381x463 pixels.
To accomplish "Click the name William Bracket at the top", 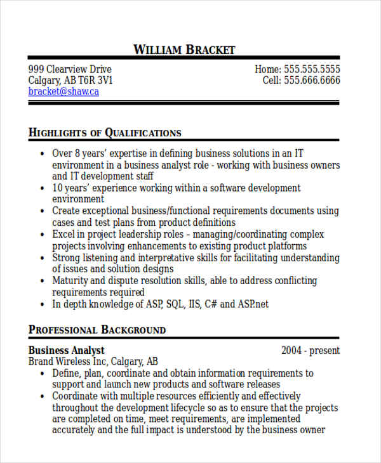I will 184,49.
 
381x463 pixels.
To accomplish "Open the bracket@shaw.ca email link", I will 63,91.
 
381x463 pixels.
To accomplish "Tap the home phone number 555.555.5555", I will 311,69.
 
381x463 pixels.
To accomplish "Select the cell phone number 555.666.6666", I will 312,81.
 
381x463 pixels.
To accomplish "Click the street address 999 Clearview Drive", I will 70,69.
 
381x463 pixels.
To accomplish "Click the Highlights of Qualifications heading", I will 105,133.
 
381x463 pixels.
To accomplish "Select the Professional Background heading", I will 97,330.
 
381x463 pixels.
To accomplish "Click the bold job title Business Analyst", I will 67,350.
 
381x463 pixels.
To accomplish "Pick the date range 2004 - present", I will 311,350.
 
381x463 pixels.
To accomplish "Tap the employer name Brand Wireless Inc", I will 68,362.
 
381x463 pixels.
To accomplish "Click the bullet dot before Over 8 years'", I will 42,153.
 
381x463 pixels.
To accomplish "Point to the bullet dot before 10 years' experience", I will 42,188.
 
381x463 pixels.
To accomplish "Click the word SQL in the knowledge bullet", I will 175,304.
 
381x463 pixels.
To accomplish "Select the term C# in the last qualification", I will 211,304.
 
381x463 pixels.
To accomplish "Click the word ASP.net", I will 253,304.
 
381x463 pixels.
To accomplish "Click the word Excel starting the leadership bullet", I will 64,235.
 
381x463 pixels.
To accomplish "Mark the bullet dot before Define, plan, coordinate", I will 42,374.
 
